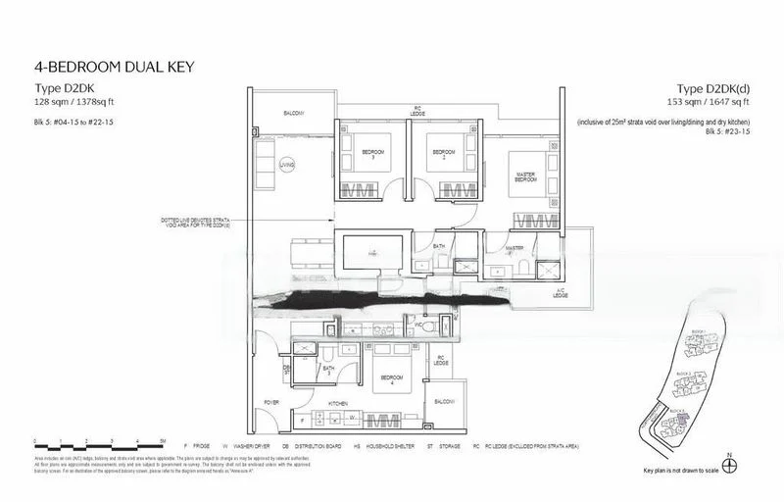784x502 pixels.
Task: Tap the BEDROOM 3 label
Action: click(x=373, y=154)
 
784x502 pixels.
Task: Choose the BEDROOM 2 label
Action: click(x=444, y=155)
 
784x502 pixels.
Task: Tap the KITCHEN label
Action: click(x=338, y=402)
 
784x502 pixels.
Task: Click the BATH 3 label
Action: click(x=329, y=369)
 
